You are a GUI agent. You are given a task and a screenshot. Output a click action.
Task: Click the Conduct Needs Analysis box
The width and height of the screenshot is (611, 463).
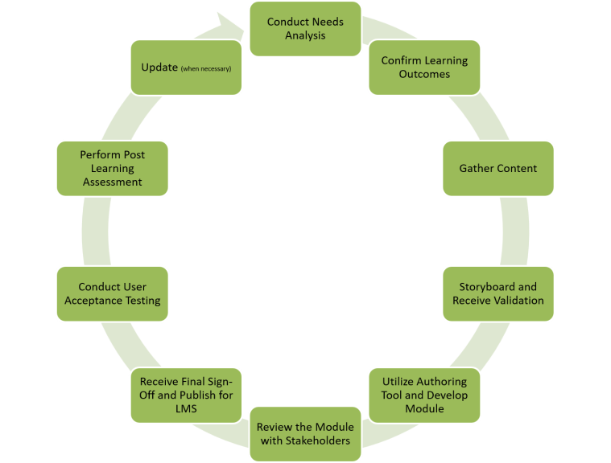point(304,29)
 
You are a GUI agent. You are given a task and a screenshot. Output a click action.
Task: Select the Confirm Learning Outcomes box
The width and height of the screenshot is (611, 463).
point(424,68)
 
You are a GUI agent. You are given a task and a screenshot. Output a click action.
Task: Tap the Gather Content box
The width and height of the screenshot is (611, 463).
point(497,169)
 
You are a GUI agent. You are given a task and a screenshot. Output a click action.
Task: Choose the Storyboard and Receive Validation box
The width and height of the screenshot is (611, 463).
point(497,293)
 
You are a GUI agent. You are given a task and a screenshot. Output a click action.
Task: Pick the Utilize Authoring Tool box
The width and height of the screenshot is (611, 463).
point(424,395)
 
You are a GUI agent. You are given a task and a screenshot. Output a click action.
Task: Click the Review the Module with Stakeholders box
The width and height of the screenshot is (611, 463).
point(304,433)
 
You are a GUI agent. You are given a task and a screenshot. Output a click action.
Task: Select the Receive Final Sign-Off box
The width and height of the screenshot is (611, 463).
point(186,395)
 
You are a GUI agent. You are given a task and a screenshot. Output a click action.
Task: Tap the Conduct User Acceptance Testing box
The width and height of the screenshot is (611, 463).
point(113,293)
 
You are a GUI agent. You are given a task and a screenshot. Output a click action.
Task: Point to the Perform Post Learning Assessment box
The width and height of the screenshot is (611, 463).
point(113,169)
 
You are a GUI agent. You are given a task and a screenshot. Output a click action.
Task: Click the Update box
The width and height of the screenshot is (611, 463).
point(186,68)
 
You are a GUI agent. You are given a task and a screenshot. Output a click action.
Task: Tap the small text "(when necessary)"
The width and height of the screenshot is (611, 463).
point(206,68)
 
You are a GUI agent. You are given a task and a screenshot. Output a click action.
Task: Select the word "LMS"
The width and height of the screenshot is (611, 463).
point(186,408)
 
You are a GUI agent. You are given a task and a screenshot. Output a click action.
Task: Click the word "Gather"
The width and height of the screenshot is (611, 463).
point(476,169)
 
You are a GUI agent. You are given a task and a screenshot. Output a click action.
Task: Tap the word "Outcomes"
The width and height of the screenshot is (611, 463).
point(424,74)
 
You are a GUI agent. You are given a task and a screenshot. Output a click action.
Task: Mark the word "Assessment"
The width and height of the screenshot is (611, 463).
point(113,182)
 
